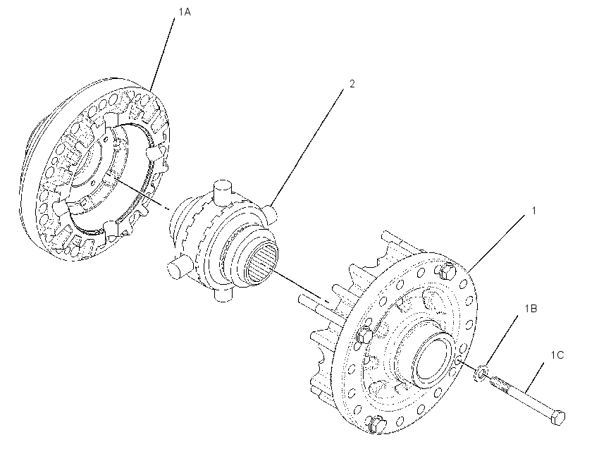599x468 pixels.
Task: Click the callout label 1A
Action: pyautogui.click(x=185, y=12)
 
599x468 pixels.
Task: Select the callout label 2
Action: pyautogui.click(x=352, y=84)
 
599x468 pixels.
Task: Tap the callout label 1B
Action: pyautogui.click(x=531, y=308)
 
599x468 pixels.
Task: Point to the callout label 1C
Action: pyautogui.click(x=557, y=355)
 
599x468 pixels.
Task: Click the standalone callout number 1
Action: pyautogui.click(x=534, y=211)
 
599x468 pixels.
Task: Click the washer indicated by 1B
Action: pyautogui.click(x=481, y=374)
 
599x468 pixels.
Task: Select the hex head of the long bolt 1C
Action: pyautogui.click(x=557, y=417)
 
